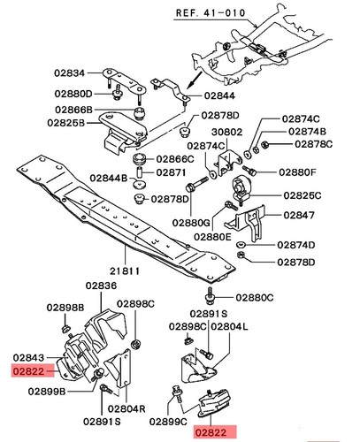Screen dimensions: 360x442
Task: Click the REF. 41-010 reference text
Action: pos(211,13)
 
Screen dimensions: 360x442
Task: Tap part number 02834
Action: pos(69,73)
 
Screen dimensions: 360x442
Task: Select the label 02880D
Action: pos(73,94)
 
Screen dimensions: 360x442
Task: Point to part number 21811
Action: pos(125,271)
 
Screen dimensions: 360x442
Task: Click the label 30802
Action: pos(227,132)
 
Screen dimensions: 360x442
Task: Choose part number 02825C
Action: pos(303,195)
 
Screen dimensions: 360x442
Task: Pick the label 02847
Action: pos(299,216)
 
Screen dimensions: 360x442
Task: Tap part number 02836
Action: pos(101,286)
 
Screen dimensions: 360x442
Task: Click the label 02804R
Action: pos(126,408)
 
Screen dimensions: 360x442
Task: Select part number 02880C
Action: pos(255,298)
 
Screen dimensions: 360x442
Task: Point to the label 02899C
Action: pos(168,422)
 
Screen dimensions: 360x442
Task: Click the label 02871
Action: pos(171,172)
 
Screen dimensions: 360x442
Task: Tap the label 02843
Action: pos(28,358)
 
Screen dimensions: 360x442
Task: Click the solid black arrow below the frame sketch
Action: pos(195,80)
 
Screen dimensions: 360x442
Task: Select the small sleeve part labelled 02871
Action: pos(140,172)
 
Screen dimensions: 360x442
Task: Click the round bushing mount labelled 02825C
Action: pos(241,187)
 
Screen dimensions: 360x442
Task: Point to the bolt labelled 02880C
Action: pos(210,296)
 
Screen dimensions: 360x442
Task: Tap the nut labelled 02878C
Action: pos(264,144)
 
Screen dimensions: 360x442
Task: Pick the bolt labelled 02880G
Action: pos(196,184)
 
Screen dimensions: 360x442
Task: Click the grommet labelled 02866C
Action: pos(141,159)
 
